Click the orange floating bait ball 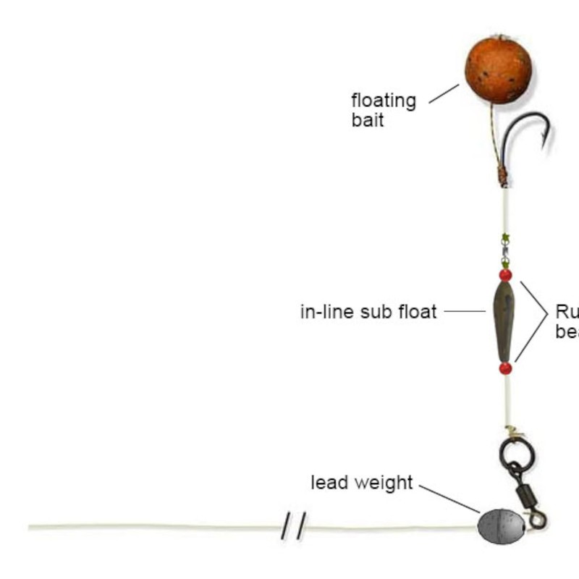(x=498, y=70)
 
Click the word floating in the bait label (x=384, y=101)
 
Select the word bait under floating (x=368, y=119)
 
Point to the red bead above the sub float (x=505, y=275)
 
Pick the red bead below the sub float (x=505, y=368)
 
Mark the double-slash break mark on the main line (x=293, y=525)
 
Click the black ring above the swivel (x=517, y=455)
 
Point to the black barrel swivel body (x=525, y=495)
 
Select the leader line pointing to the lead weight (x=449, y=499)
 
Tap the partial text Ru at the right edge (x=567, y=312)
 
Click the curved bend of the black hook (x=515, y=123)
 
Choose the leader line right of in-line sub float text (x=465, y=312)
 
